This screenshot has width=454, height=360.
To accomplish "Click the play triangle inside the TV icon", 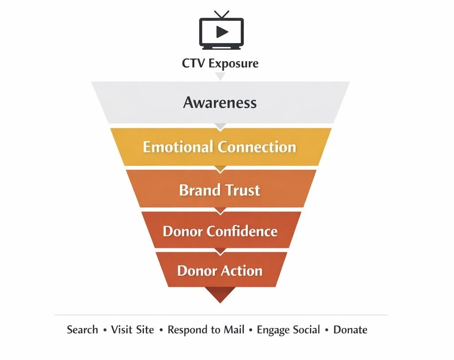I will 222,32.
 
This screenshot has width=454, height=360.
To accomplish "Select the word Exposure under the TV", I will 234,64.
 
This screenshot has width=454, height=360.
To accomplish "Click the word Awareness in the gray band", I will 220,103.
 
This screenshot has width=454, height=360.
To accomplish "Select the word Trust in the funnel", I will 242,190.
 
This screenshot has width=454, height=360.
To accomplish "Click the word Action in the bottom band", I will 243,270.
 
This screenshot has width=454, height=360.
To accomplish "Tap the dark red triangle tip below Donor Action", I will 220,295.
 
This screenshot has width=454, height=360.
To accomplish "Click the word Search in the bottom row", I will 82,330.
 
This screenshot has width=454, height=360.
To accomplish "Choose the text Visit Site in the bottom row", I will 133,330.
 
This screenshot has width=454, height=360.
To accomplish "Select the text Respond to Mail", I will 206,330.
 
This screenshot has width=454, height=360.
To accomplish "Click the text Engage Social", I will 288,330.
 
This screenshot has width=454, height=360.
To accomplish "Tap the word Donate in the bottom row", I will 350,330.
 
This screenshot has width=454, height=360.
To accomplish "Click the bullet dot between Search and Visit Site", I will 105,330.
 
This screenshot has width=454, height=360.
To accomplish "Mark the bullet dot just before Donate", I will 327,330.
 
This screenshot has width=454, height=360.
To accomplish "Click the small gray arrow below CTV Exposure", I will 220,76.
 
